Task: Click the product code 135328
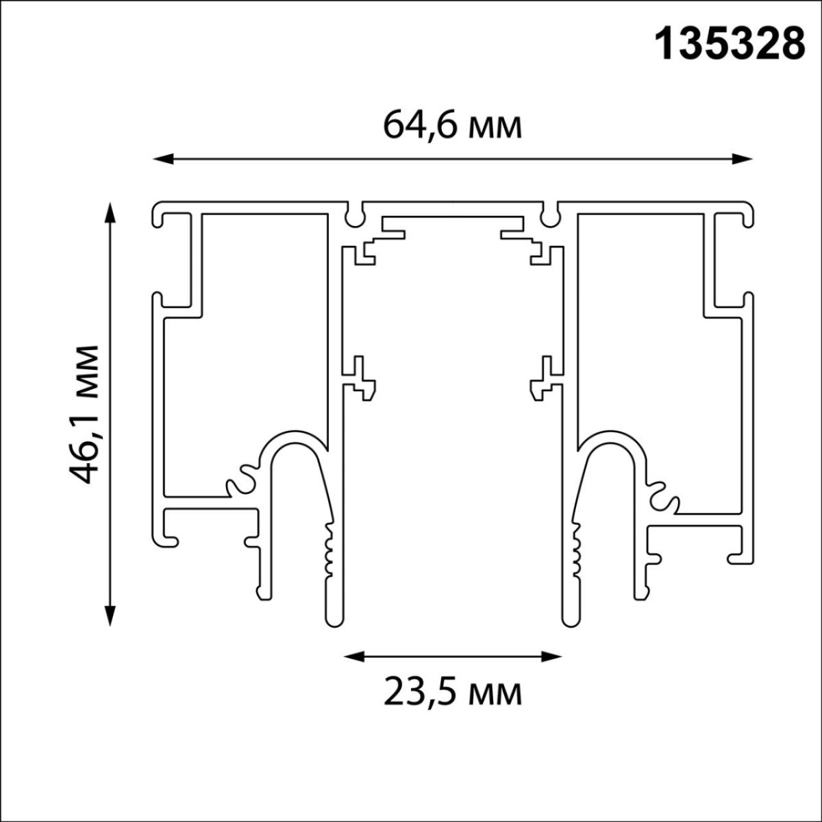tap(730, 46)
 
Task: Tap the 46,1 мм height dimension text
tap(86, 414)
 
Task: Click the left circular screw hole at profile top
tap(354, 217)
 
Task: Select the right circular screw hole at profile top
tap(549, 217)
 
